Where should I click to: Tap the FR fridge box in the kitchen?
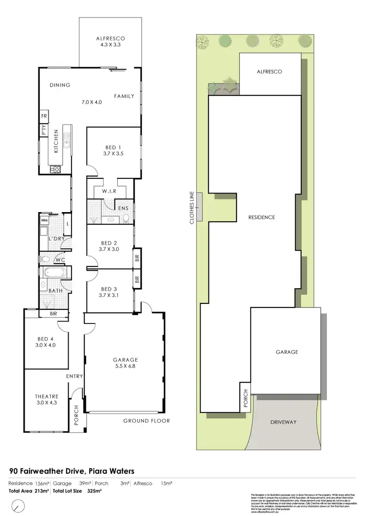[x=43, y=117]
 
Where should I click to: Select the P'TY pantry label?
[x=43, y=130]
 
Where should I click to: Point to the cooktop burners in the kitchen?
[x=55, y=169]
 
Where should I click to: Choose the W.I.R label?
[x=109, y=192]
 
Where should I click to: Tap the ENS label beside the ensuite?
[x=123, y=208]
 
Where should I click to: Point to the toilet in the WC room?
[x=46, y=259]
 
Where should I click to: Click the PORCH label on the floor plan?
[x=76, y=416]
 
